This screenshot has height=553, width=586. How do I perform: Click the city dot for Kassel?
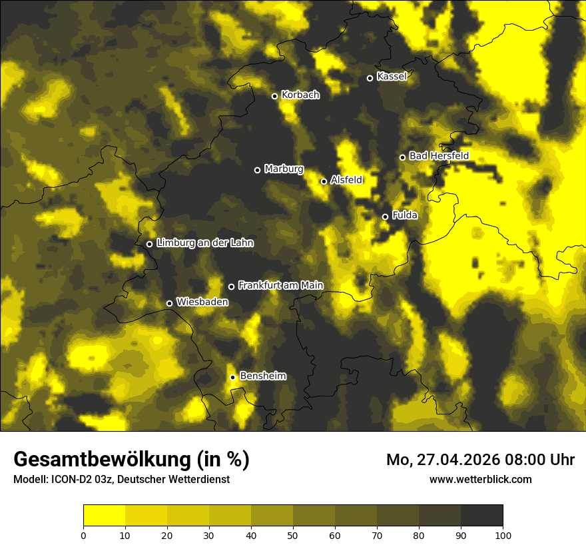pos(370,78)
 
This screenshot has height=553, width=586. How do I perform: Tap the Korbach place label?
pos(300,95)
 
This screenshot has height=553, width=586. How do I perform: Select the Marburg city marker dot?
pos(257,170)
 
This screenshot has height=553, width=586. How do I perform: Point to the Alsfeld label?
pos(346,180)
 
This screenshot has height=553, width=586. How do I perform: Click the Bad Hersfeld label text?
pos(439,156)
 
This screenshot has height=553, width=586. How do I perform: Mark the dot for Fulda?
pos(385,217)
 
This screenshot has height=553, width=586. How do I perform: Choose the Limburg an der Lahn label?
pos(204,243)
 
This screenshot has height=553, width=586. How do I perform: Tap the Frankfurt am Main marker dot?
pos(231,286)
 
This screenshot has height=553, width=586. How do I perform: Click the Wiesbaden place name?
pos(202,302)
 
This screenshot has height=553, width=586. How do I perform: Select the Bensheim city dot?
pos(232,377)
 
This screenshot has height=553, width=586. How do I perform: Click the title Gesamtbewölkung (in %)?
pos(131,460)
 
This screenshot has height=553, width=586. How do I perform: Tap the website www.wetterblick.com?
pos(481,479)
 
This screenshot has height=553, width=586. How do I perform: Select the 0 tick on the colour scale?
pos(83,534)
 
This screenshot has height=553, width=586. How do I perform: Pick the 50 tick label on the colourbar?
pos(293,534)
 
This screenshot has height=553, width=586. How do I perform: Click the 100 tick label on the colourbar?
pos(503,534)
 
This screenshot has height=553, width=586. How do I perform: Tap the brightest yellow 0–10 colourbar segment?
pos(104,515)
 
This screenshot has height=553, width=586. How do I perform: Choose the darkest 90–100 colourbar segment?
pos(481,515)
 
